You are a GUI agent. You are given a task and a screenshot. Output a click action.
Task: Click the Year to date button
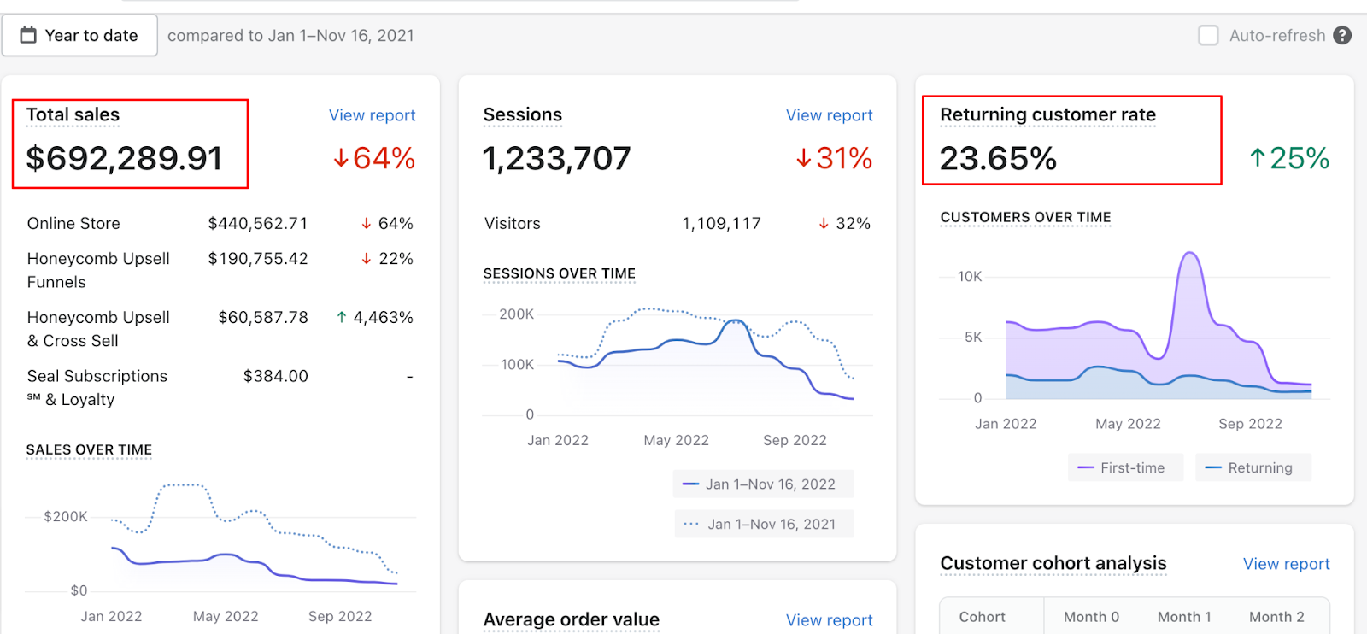click(x=79, y=36)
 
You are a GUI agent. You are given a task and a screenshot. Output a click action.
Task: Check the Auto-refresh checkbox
click(x=1208, y=36)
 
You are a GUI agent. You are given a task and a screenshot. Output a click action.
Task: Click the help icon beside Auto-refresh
click(x=1342, y=36)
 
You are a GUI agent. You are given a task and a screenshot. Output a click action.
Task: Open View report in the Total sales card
click(x=372, y=115)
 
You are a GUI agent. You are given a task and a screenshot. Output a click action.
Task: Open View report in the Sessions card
click(x=829, y=115)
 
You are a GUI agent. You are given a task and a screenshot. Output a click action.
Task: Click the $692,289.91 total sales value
click(x=125, y=158)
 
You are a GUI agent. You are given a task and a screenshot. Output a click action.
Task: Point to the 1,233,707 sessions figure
click(x=556, y=158)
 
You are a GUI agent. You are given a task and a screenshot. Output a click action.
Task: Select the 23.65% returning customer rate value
click(x=998, y=158)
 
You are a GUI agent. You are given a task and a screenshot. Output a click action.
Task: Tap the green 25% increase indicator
click(x=1289, y=158)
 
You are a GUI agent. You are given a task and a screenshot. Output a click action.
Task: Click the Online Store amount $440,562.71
click(x=257, y=224)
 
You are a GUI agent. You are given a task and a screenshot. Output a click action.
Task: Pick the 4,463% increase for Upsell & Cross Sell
click(x=375, y=318)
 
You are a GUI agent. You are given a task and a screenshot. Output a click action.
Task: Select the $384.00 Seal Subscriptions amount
click(x=275, y=376)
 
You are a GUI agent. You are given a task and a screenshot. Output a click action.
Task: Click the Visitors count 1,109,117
click(x=720, y=224)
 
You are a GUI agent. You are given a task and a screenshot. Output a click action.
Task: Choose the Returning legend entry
click(x=1252, y=467)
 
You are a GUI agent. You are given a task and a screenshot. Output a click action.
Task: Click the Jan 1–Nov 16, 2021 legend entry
click(x=763, y=524)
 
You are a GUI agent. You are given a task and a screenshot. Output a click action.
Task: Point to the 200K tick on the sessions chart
click(x=516, y=314)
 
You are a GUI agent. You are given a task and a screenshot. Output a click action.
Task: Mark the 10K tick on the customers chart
click(x=970, y=277)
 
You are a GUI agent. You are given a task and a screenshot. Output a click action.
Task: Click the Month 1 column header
click(x=1184, y=617)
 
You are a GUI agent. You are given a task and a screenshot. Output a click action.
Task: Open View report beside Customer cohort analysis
click(x=1286, y=564)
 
